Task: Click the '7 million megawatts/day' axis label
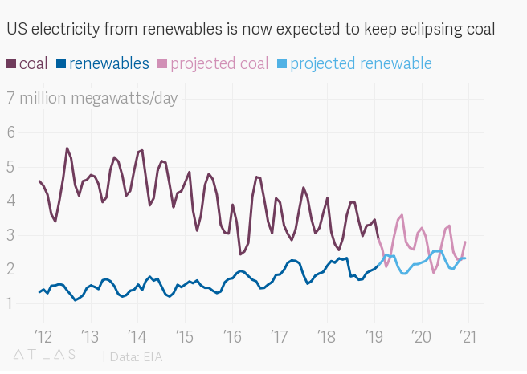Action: click(92, 99)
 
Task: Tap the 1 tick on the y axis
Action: click(11, 304)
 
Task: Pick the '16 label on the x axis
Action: click(231, 335)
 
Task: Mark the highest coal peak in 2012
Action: click(67, 148)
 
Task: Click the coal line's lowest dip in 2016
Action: click(240, 254)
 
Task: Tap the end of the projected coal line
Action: click(465, 242)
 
